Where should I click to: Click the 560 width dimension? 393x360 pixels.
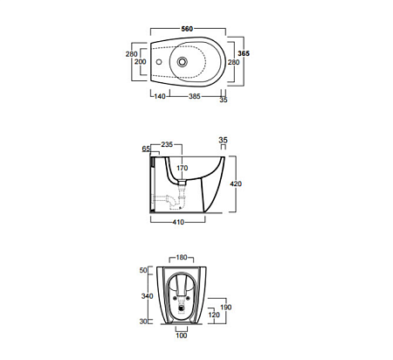click(x=187, y=29)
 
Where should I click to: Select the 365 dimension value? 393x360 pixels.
click(x=244, y=53)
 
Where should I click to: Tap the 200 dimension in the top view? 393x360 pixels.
click(x=141, y=62)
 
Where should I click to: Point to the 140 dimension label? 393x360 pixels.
click(x=160, y=96)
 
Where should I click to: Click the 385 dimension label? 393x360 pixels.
click(x=195, y=96)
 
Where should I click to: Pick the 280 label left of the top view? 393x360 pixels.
click(x=132, y=54)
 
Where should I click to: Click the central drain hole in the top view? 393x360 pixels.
click(x=183, y=61)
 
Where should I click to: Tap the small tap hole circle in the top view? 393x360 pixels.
click(x=159, y=62)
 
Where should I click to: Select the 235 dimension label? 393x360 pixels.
click(x=167, y=144)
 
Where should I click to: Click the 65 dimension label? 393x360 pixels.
click(x=146, y=149)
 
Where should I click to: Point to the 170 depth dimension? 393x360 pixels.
click(x=183, y=168)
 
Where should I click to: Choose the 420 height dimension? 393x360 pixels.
click(x=236, y=183)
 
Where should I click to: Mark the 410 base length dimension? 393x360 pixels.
click(x=178, y=222)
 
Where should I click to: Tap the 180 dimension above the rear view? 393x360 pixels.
click(x=182, y=258)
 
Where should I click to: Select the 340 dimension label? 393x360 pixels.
click(x=147, y=296)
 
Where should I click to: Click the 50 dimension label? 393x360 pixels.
click(x=143, y=270)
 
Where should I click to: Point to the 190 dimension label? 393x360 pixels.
click(x=226, y=307)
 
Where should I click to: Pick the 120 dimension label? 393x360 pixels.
click(x=214, y=315)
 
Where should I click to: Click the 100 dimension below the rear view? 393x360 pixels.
click(x=182, y=336)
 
